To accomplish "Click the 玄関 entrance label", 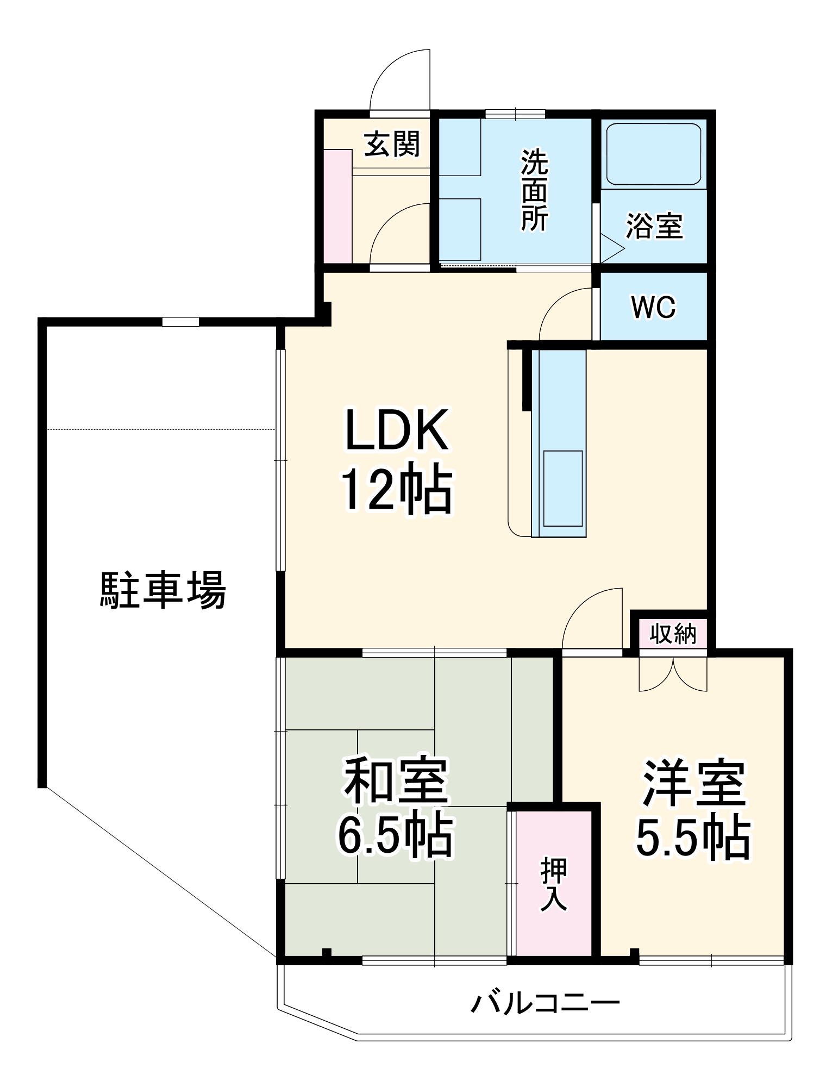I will (x=392, y=144).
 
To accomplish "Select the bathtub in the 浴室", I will (x=654, y=154).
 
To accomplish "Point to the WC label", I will (x=653, y=308).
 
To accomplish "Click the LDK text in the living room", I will (x=397, y=430).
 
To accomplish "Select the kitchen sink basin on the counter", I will (x=563, y=488).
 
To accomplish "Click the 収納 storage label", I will (x=673, y=634).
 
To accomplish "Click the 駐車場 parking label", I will (x=163, y=590).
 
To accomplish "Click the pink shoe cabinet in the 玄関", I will (x=337, y=207).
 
